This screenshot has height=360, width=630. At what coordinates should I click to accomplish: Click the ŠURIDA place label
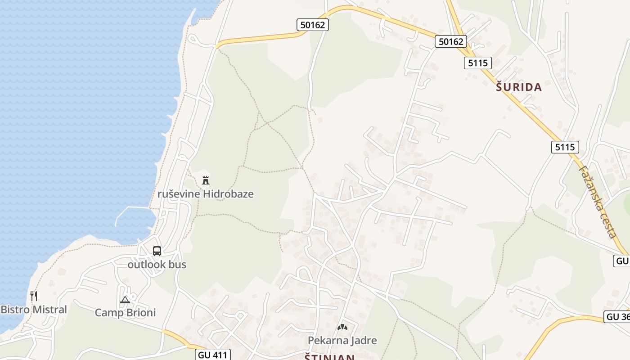[x=519, y=87]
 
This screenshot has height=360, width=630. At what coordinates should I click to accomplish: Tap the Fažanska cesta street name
[x=597, y=202]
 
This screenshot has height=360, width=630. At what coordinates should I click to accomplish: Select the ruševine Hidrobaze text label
[x=206, y=194]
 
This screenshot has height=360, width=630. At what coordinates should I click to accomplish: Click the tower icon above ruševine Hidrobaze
[x=206, y=180]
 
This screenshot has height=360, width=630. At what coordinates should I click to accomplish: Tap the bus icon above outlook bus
[x=157, y=251]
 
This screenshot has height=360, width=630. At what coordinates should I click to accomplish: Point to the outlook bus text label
[x=157, y=265]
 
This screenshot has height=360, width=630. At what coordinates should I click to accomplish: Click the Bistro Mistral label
[x=34, y=310]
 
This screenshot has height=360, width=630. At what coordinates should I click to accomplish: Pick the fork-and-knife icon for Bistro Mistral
[x=34, y=296]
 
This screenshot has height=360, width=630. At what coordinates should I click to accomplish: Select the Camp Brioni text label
[x=125, y=312]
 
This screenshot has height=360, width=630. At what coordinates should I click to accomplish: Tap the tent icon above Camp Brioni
[x=125, y=300]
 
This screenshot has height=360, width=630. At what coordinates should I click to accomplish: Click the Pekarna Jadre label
[x=342, y=340]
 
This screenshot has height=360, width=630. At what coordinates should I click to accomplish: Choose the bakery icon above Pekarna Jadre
[x=342, y=327]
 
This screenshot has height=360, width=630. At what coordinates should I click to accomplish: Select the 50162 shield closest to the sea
[x=313, y=25]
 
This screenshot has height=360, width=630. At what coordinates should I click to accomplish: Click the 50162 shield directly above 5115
[x=451, y=41]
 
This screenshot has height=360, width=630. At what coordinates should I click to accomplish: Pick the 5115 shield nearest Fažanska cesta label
[x=565, y=147]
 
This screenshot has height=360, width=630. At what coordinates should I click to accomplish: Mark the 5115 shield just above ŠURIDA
[x=477, y=63]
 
